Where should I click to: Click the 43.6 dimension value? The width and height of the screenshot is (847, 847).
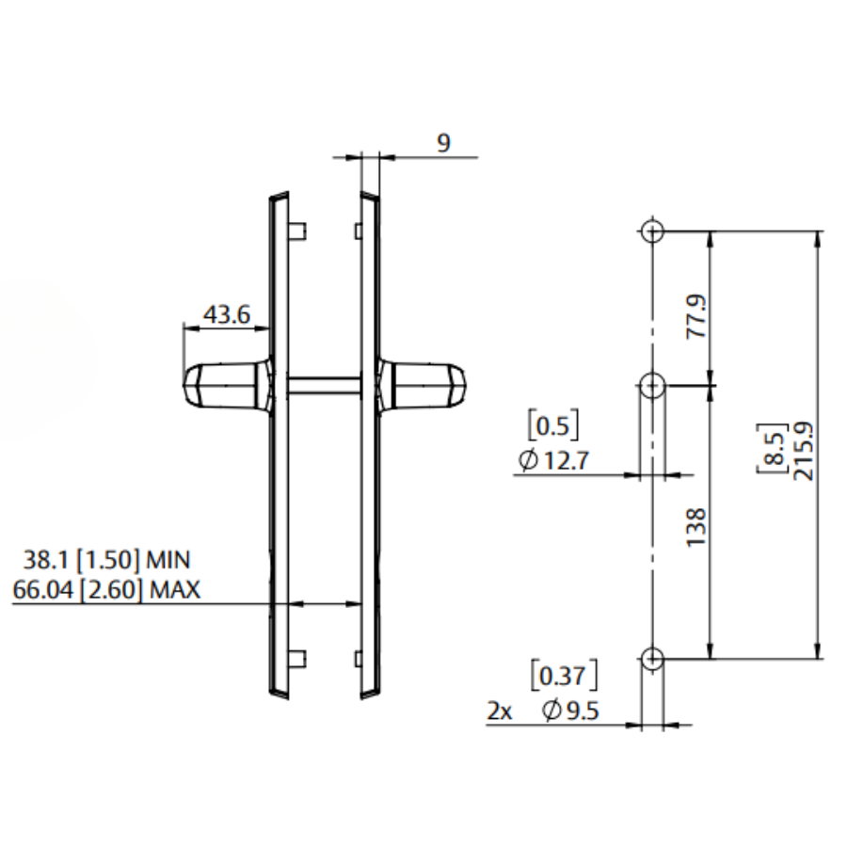tap(227, 314)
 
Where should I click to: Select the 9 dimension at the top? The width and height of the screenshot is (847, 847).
tap(443, 142)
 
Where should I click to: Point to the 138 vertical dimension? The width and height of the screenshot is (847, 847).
tap(695, 529)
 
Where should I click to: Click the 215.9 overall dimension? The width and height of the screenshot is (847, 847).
tap(804, 450)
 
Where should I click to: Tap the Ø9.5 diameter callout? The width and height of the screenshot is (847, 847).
tap(571, 711)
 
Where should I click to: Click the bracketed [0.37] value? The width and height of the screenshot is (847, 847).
tap(565, 677)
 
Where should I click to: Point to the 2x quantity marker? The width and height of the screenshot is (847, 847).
tap(500, 712)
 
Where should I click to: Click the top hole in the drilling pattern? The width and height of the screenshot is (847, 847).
tap(652, 231)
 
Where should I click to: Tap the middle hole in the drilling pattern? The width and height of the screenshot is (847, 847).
tap(652, 385)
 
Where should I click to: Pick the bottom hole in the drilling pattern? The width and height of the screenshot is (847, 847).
tap(652, 658)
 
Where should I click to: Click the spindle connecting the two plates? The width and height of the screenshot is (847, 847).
tap(325, 384)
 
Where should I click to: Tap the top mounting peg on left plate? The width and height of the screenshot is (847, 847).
tap(298, 231)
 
